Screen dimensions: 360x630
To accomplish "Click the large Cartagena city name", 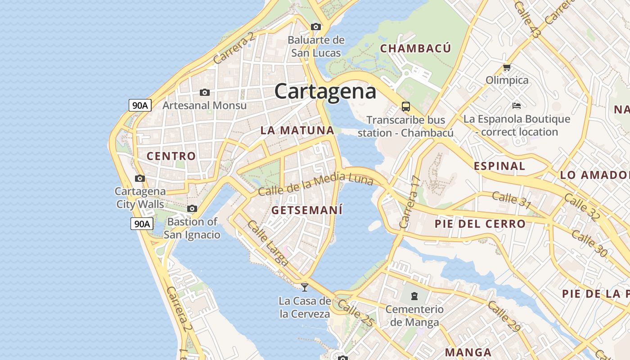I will (325, 91).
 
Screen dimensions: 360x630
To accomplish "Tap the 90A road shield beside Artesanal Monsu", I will (140, 105).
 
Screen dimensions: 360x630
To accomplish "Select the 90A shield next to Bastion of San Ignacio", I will (142, 223).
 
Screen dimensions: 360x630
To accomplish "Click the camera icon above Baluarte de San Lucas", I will (316, 27).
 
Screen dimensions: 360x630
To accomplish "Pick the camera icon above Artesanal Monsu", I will (205, 92).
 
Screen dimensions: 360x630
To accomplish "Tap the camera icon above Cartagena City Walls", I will (140, 178).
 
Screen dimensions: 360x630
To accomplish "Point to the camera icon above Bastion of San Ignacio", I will (192, 208).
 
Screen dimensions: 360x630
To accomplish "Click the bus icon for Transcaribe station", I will (405, 107).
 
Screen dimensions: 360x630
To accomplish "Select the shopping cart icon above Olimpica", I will (507, 67).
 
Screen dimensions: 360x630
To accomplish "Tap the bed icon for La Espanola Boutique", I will (517, 106).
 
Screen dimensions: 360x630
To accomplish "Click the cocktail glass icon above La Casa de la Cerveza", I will (305, 287).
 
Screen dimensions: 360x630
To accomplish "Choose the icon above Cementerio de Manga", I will (414, 296).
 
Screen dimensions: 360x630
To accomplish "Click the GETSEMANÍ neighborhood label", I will (307, 210).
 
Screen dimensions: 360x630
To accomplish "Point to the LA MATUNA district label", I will (297, 130).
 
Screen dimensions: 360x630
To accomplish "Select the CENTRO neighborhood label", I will (171, 156).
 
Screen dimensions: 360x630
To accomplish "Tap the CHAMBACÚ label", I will (415, 48).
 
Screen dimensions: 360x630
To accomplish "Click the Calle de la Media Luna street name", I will (316, 184).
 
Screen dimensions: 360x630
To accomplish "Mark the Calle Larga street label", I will (268, 243).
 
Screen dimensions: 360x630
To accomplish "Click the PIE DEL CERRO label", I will (480, 224).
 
